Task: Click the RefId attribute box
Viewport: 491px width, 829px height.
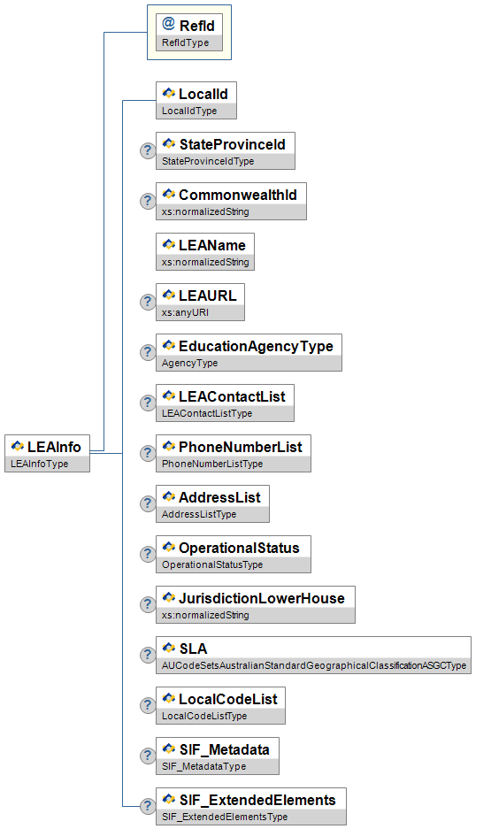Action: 189,32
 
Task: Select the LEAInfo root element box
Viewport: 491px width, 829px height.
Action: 47,454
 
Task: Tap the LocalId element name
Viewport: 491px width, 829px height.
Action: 203,94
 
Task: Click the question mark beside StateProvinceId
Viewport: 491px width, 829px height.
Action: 148,150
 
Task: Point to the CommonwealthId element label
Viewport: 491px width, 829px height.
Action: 238,196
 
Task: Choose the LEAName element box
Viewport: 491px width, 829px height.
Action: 205,251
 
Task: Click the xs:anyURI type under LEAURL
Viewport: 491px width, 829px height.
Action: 185,312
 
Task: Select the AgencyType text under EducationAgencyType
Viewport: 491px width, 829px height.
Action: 189,363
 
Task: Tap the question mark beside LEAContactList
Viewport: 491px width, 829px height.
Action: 148,403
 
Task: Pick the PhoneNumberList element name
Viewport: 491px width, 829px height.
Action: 241,448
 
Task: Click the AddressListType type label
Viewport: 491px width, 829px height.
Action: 199,514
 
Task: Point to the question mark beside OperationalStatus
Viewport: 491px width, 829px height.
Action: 148,554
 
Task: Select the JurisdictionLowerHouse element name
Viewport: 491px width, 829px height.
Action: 262,598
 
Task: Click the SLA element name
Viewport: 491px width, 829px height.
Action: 194,649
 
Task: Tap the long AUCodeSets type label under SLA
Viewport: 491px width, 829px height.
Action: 314,665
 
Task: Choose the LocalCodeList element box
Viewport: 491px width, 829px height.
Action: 220,705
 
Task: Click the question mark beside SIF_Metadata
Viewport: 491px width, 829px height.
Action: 148,756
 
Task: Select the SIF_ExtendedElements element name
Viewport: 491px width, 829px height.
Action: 257,801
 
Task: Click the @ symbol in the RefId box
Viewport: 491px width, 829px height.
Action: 169,24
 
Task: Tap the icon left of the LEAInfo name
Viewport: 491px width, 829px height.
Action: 18,447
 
